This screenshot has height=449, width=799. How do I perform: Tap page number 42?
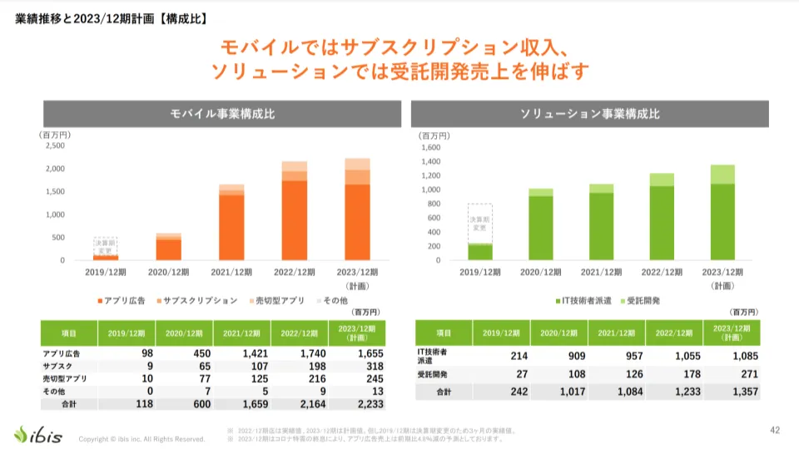(774, 430)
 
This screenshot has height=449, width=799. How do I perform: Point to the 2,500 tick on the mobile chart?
(53, 146)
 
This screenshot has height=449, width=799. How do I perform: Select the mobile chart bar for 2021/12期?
(231, 222)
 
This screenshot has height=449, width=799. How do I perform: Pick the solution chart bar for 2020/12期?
(541, 224)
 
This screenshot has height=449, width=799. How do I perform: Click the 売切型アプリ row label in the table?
(67, 377)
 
